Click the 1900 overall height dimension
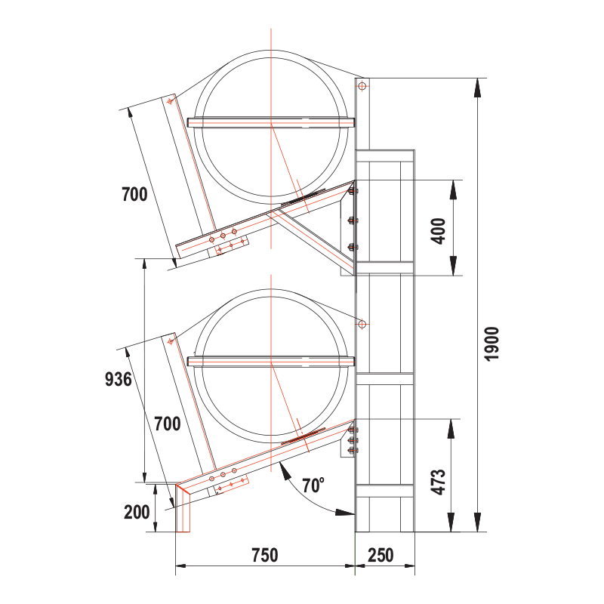492,344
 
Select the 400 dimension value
438,228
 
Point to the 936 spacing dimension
119,379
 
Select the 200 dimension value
137,512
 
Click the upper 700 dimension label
134,194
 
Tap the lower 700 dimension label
167,424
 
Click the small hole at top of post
362,87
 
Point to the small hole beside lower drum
362,324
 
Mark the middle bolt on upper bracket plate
352,220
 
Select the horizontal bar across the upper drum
270,122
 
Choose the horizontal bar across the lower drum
270,361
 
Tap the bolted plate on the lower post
351,441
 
